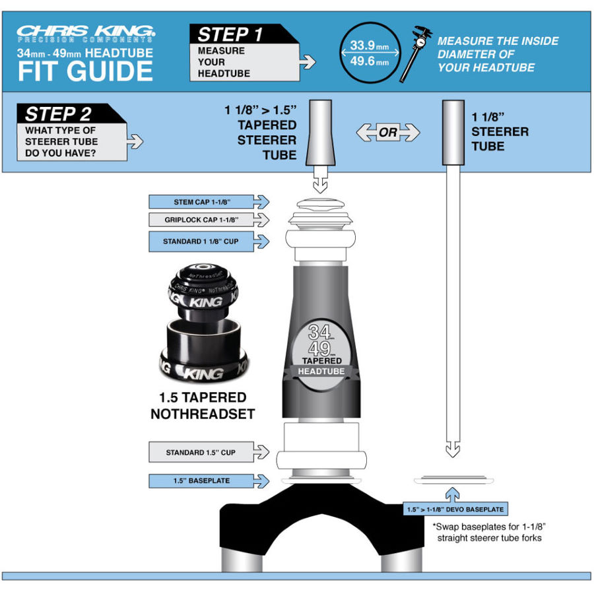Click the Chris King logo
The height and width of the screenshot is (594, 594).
86,34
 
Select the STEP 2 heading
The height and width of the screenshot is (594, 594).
58,114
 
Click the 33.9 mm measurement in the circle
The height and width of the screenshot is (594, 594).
370,46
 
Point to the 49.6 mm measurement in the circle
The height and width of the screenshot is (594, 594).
370,61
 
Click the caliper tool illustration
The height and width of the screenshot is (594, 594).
416,53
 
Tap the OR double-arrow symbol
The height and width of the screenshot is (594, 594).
388,132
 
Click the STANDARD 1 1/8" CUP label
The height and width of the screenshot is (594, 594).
201,242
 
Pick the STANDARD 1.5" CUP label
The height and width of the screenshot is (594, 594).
201,452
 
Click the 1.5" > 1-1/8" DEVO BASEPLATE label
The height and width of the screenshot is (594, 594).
455,509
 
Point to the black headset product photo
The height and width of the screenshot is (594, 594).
203,323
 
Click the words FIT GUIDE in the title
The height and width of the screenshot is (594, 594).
85,71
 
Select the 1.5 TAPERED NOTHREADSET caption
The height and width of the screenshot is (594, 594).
203,405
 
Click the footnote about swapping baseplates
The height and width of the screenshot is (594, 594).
489,532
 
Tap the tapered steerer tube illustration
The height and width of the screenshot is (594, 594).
321,133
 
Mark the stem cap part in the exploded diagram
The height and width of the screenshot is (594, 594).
321,205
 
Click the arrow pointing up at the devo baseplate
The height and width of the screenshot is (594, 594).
452,494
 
